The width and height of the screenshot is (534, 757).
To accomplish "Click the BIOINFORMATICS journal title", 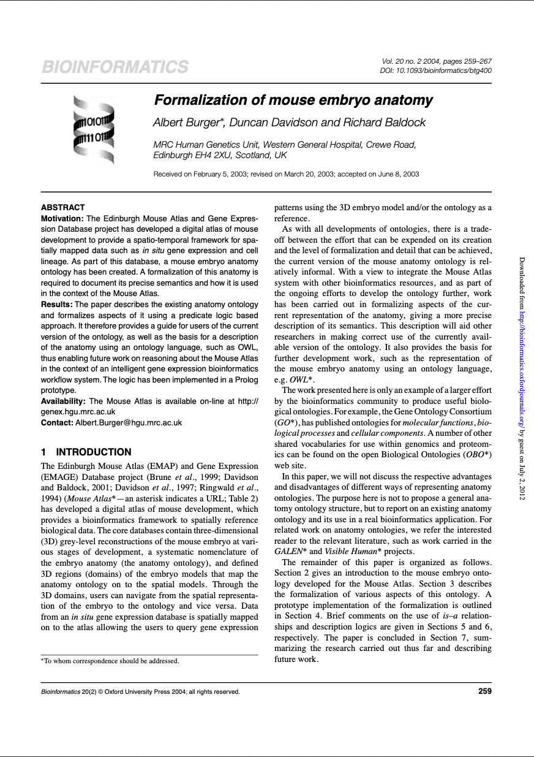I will click(115, 67).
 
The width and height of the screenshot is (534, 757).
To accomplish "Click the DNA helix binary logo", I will click(94, 129).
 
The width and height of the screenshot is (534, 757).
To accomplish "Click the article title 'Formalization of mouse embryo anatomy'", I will click(293, 100).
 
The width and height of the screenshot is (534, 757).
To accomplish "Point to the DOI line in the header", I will click(436, 70).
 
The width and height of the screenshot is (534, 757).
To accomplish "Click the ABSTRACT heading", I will click(62, 208).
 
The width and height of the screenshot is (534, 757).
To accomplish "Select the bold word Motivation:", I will click(62, 218).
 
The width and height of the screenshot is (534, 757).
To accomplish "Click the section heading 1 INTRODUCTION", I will click(86, 452).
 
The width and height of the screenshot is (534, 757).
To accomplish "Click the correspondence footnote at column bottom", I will click(110, 661).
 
